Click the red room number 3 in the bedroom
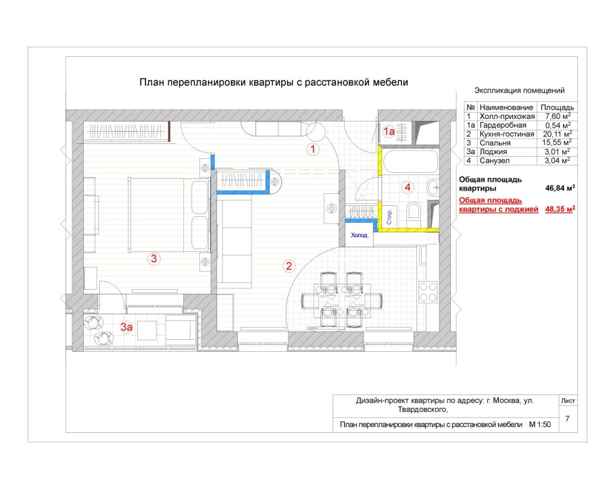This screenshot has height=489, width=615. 154,258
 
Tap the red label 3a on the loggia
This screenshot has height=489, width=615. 126,328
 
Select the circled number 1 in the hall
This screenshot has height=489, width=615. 312,149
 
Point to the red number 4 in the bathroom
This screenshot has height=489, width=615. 407,186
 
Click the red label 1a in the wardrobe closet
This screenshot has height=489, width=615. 389,132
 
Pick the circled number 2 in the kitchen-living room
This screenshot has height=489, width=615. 289,266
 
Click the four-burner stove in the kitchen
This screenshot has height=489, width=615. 427,291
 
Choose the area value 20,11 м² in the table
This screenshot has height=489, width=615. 558,134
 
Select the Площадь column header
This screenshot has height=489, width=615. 558,107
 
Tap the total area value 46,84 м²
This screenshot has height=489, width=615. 558,189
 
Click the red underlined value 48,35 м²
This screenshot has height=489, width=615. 560,209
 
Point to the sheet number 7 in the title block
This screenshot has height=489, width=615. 567,419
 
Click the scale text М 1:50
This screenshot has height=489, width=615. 541,425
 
